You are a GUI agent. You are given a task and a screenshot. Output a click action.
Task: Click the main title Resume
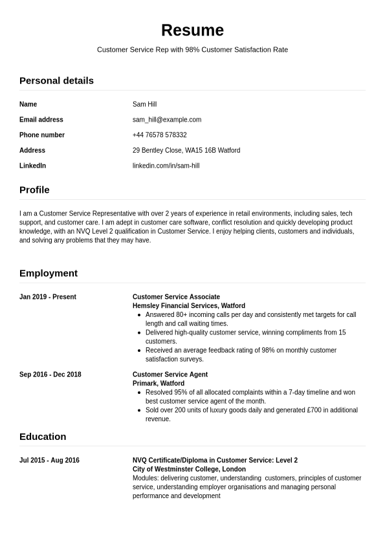coord(192,30)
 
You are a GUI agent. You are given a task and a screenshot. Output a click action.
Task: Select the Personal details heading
coord(56,80)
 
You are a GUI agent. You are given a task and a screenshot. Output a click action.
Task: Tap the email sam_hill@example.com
coord(167,120)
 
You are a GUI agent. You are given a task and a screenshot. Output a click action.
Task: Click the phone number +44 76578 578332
coord(159,135)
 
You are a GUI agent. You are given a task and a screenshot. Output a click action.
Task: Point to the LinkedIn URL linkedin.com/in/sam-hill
coord(166,166)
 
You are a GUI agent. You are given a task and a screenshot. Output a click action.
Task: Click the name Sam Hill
coord(144,104)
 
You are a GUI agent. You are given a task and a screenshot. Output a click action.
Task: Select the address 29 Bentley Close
coord(186,150)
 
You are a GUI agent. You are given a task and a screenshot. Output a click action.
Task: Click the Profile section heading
coord(34,190)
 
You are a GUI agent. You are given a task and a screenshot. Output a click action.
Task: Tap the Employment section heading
coord(49,273)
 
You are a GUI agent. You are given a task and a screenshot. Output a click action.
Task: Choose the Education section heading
coord(43,436)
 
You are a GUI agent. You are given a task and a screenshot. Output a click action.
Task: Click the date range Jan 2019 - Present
coord(48,297)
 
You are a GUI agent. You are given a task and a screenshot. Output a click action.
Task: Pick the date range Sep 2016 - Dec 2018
coord(50,375)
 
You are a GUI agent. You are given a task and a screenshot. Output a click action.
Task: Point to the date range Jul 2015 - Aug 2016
coord(49,461)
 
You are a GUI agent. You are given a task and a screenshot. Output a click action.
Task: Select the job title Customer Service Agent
coord(170,375)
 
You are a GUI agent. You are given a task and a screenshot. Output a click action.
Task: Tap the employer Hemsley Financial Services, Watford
coord(189,306)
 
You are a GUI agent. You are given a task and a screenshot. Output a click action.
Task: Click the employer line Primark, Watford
coord(159,384)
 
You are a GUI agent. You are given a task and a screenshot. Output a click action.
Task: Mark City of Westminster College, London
coord(189,469)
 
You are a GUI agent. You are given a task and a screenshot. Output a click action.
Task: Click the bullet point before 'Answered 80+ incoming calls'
coord(140,315)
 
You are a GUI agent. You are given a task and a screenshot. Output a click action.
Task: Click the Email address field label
coord(41,120)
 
